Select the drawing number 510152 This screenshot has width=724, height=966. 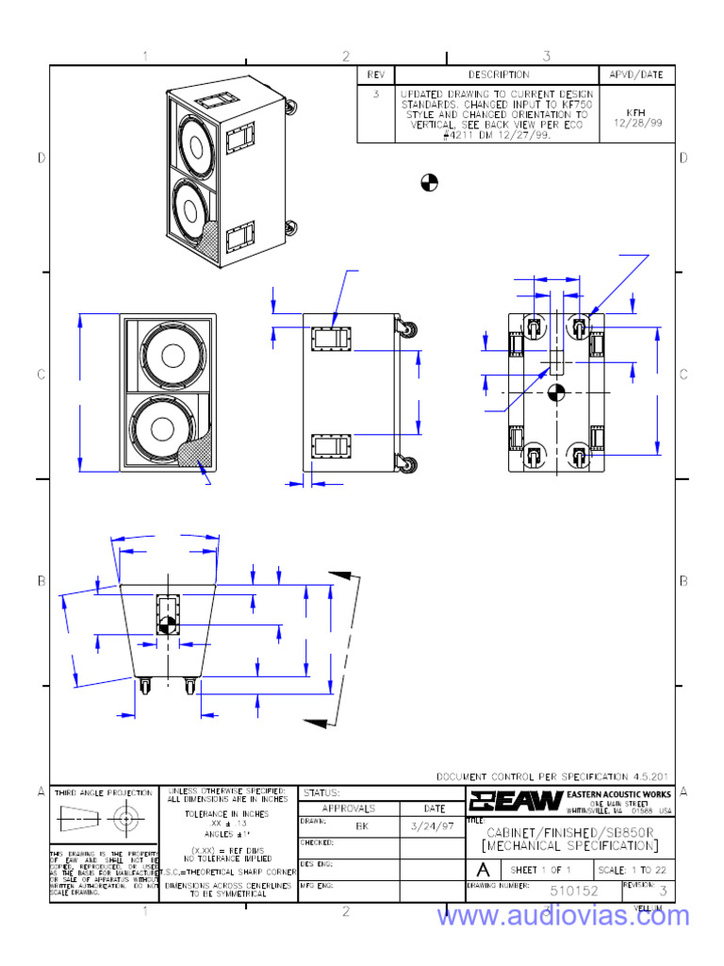[573, 891]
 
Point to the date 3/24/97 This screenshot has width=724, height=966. [434, 825]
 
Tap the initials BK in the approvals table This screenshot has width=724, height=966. [361, 825]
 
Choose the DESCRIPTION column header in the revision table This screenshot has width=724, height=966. [499, 75]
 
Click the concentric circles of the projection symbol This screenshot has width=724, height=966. [123, 820]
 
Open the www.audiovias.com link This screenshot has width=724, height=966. [563, 916]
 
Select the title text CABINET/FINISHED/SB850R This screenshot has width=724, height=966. [572, 833]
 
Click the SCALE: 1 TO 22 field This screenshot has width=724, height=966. [634, 869]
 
